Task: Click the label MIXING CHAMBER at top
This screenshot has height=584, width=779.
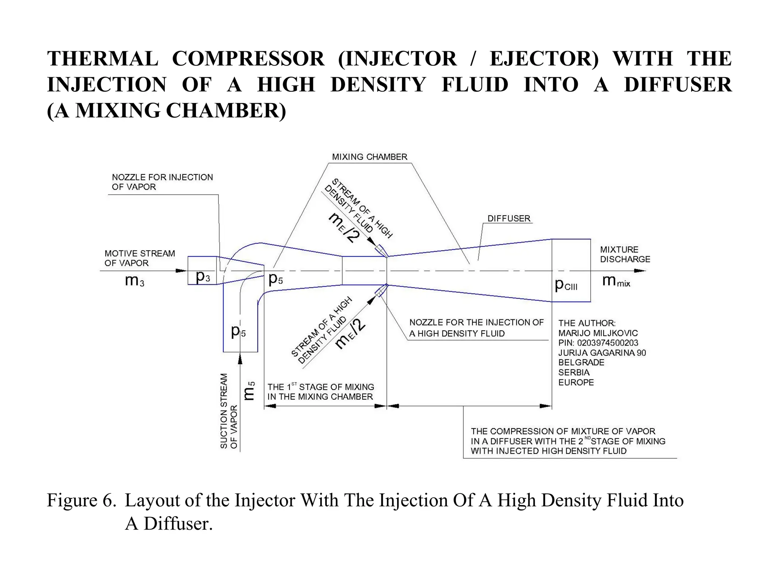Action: (369, 157)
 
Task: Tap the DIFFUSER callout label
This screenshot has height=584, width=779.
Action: (509, 219)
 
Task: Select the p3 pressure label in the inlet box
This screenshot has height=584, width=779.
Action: (202, 277)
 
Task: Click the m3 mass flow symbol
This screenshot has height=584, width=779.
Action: (135, 281)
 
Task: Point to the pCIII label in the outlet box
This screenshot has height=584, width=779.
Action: (566, 284)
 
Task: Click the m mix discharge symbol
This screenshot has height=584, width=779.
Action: (616, 281)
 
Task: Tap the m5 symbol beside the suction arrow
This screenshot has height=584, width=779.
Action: (249, 391)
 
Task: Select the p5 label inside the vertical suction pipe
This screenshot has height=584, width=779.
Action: (238, 331)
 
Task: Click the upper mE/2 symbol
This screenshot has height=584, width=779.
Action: (344, 227)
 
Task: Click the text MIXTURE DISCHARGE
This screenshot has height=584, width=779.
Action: (625, 254)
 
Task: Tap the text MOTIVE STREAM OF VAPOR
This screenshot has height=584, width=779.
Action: (140, 258)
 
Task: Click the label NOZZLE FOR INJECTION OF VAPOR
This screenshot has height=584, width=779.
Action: (162, 182)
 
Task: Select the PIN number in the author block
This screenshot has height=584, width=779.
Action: (598, 343)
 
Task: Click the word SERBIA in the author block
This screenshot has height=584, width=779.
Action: (574, 373)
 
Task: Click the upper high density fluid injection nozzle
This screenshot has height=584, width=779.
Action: (381, 251)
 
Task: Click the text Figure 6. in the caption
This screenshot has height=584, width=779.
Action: (81, 500)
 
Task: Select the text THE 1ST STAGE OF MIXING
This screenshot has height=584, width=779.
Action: (320, 387)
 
